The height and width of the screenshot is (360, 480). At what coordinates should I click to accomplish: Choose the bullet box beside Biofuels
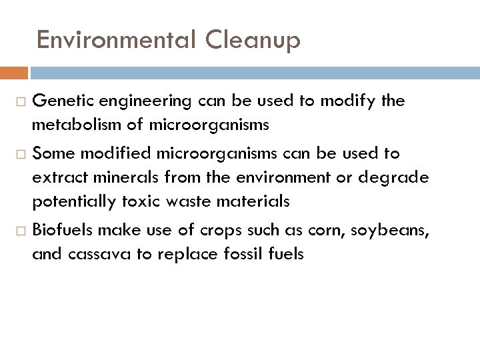19,231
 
